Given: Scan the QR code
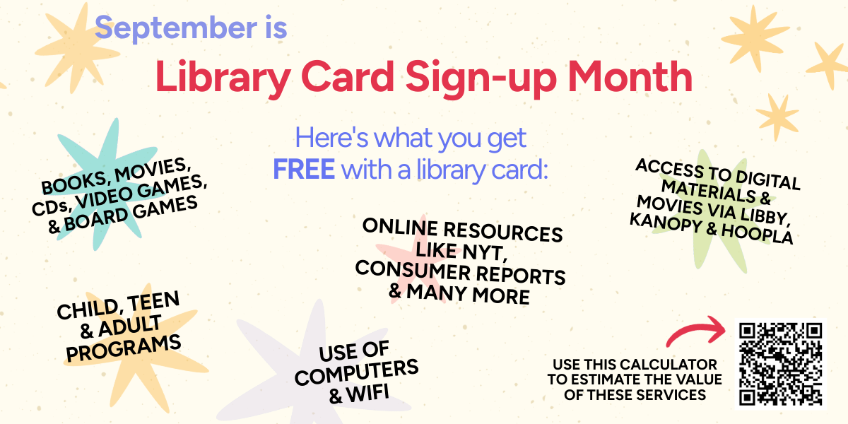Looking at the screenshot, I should coord(780,365).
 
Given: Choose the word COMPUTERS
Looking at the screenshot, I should coord(357,372).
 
